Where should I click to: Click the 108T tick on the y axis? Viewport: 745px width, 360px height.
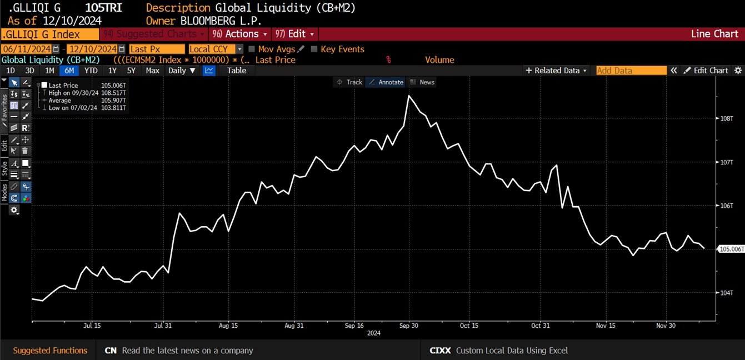point(727,118)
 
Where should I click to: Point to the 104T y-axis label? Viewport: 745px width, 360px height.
point(727,292)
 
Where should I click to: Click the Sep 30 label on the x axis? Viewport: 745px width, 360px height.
point(408,326)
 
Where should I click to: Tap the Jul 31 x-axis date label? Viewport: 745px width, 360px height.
point(163,326)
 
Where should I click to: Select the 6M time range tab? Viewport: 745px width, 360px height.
point(69,71)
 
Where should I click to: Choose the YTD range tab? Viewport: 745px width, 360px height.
point(91,71)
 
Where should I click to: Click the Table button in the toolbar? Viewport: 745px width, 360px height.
point(237,71)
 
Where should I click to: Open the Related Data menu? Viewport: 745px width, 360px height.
point(557,71)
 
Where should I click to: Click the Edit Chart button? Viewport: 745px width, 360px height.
point(706,71)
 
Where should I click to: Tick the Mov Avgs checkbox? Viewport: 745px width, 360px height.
point(252,49)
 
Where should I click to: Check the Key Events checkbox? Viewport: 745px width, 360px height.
point(314,49)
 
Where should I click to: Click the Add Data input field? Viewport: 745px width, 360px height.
point(631,71)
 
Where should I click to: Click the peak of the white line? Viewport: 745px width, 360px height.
point(409,96)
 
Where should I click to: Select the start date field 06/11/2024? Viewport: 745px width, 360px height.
point(27,49)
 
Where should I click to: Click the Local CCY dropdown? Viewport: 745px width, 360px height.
point(216,49)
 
